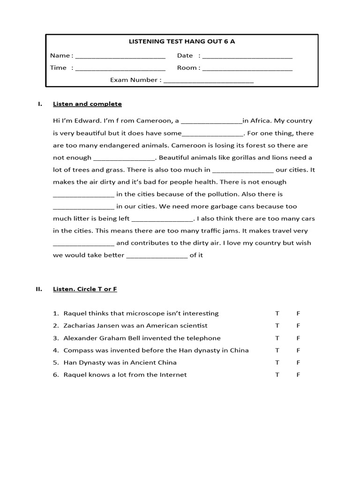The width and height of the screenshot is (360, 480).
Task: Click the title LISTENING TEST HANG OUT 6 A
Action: point(182,42)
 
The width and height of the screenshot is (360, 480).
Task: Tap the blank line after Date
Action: point(247,56)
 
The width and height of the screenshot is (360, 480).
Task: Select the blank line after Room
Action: point(247,68)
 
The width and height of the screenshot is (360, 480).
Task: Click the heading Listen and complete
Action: point(87,104)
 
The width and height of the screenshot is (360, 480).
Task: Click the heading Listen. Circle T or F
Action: point(85,289)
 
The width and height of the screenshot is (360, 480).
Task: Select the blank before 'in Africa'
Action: point(211,121)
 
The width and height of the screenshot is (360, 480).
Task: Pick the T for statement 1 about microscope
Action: point(277,314)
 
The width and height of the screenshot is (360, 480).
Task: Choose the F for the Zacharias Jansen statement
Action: point(298,326)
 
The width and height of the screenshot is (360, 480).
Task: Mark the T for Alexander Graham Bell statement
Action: point(277,338)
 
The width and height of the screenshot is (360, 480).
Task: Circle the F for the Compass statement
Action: point(298,350)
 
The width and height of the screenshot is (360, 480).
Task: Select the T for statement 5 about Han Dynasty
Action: point(277,362)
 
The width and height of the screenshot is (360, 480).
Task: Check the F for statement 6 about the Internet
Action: point(298,375)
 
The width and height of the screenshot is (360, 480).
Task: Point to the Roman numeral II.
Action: point(39,289)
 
